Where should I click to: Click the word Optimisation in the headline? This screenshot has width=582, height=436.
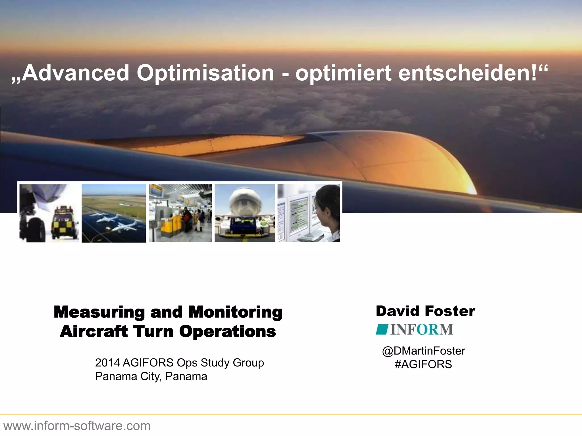click(205, 73)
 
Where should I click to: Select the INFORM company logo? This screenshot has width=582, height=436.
click(414, 330)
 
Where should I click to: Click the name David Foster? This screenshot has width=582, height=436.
click(425, 311)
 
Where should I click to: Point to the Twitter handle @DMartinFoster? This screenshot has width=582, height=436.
click(423, 351)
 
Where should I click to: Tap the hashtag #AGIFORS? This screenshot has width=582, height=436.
click(423, 364)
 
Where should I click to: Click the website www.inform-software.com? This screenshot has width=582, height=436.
click(77, 426)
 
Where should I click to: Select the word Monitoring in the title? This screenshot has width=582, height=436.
click(235, 312)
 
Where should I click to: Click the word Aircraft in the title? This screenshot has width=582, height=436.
click(94, 332)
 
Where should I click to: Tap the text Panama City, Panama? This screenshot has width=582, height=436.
click(151, 376)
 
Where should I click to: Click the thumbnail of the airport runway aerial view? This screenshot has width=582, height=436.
click(114, 213)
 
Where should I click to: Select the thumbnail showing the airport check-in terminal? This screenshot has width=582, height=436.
click(180, 213)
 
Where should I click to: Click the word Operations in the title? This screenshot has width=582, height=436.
click(227, 332)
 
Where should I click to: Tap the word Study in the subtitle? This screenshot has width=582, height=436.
click(215, 363)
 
